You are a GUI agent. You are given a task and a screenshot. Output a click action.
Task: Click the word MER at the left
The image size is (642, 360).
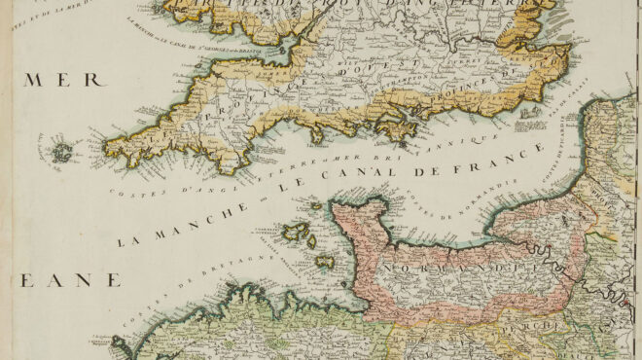(x=48, y=80)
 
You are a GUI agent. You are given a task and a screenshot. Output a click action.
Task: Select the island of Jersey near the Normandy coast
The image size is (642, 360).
(x=324, y=263)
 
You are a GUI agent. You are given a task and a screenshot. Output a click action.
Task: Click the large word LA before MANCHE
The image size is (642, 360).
(x=125, y=238)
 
